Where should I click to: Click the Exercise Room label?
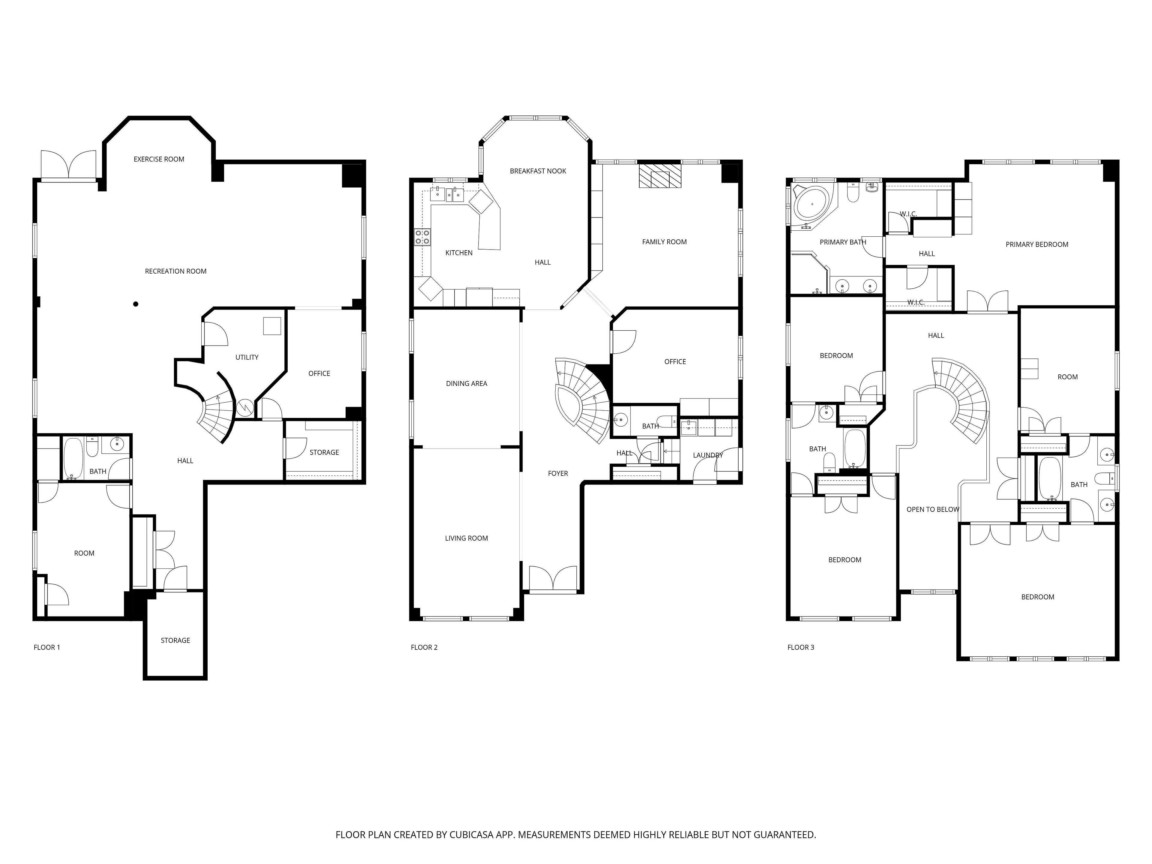click(159, 159)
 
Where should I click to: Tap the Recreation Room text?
click(175, 271)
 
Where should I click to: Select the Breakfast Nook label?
click(538, 171)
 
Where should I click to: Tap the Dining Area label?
click(466, 384)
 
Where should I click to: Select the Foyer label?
click(558, 473)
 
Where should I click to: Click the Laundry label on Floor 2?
click(708, 455)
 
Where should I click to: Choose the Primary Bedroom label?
click(1037, 244)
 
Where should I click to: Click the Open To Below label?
click(933, 509)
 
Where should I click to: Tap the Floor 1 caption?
click(47, 647)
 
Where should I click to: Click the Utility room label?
click(247, 357)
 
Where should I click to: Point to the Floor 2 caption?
click(424, 647)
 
